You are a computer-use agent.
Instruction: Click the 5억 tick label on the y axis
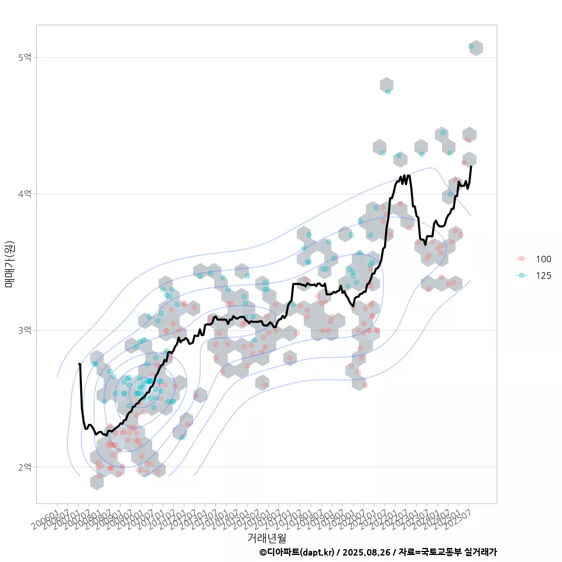coord(25,57)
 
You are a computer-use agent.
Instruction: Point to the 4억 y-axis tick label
coord(25,194)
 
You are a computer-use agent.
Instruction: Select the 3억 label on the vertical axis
coord(25,330)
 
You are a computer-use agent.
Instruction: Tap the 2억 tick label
coord(25,467)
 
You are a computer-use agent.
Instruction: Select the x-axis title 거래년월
coord(266,537)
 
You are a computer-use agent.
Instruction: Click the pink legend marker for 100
coord(522,259)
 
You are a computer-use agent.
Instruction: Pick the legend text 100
coord(543,259)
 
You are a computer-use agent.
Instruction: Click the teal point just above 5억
coord(471,46)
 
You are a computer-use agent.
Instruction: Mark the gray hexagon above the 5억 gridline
coord(477,48)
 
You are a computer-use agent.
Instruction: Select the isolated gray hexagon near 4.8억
coord(386,85)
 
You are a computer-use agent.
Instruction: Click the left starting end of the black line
coord(80,364)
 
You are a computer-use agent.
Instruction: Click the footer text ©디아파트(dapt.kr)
coord(298,552)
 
